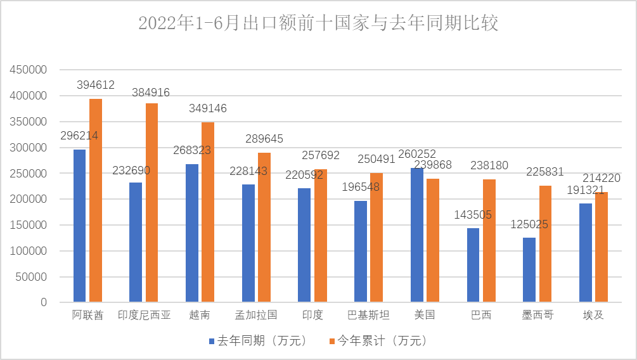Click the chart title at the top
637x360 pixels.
point(318,23)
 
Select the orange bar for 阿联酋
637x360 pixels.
point(96,200)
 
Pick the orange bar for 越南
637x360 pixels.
point(208,212)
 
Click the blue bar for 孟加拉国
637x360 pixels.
point(248,243)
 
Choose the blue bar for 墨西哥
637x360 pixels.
point(529,270)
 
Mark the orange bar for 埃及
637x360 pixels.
point(602,247)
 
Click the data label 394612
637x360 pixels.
point(96,84)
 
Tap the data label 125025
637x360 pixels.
point(529,224)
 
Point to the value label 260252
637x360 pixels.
point(416,155)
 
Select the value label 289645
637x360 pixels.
point(264,139)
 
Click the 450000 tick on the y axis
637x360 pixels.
point(29,70)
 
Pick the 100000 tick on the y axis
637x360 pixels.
point(29,251)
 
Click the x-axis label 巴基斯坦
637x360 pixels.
point(369,315)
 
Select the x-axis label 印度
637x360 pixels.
point(312,315)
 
